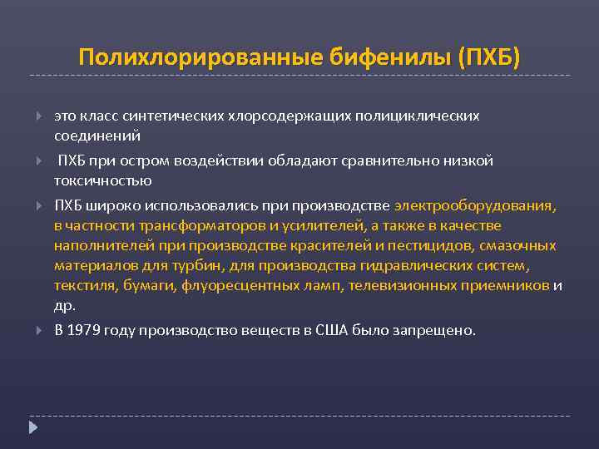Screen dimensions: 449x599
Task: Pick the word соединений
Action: (97, 135)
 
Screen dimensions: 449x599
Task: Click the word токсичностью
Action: (103, 180)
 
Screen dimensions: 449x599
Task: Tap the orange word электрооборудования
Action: (475, 205)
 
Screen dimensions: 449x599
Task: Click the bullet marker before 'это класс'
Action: (36, 116)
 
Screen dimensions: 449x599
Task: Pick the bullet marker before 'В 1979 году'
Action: (36, 330)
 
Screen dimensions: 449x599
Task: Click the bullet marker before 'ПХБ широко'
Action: (36, 205)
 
